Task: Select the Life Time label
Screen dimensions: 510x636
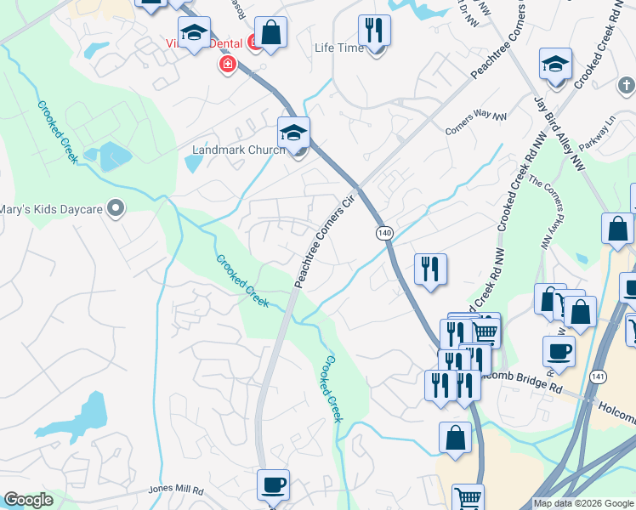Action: (x=339, y=48)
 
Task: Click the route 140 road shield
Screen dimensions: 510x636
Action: (x=383, y=232)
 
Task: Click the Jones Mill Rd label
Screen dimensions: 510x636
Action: (x=176, y=490)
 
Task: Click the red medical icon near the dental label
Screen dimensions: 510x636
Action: (x=227, y=65)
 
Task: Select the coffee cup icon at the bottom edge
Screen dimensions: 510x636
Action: (x=273, y=485)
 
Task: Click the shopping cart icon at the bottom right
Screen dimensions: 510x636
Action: (x=468, y=497)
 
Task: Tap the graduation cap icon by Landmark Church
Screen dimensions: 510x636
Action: (x=293, y=133)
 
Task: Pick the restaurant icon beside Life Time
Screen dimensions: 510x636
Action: (x=374, y=31)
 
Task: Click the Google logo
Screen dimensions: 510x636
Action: (x=29, y=501)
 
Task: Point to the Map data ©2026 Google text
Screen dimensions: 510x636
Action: (x=583, y=504)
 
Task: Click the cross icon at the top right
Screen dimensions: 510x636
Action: (x=626, y=85)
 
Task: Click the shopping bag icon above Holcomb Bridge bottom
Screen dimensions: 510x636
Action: (x=455, y=438)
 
